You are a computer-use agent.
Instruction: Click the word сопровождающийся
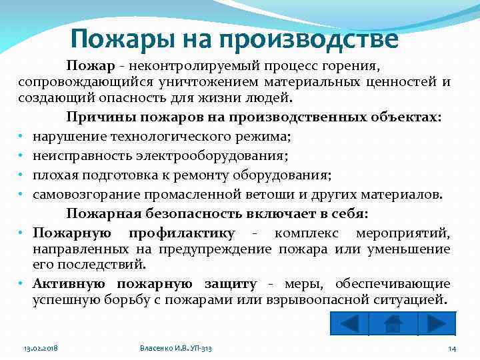85,82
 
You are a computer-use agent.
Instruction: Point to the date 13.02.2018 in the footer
41,349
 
